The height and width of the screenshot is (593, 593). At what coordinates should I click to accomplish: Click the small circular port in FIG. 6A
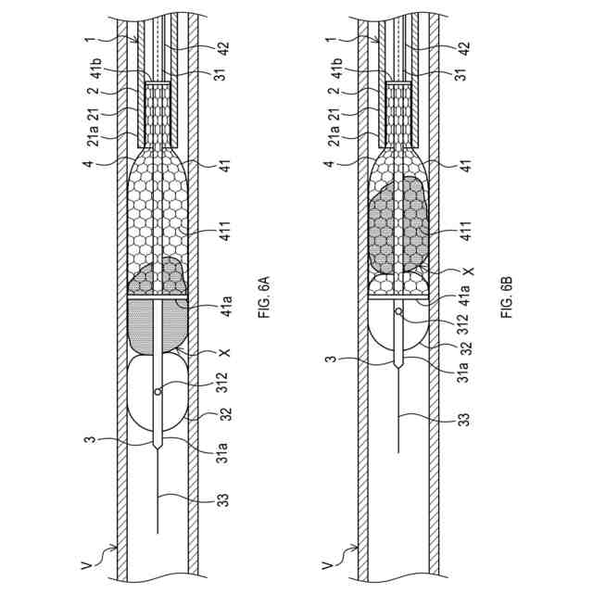click(158, 391)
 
